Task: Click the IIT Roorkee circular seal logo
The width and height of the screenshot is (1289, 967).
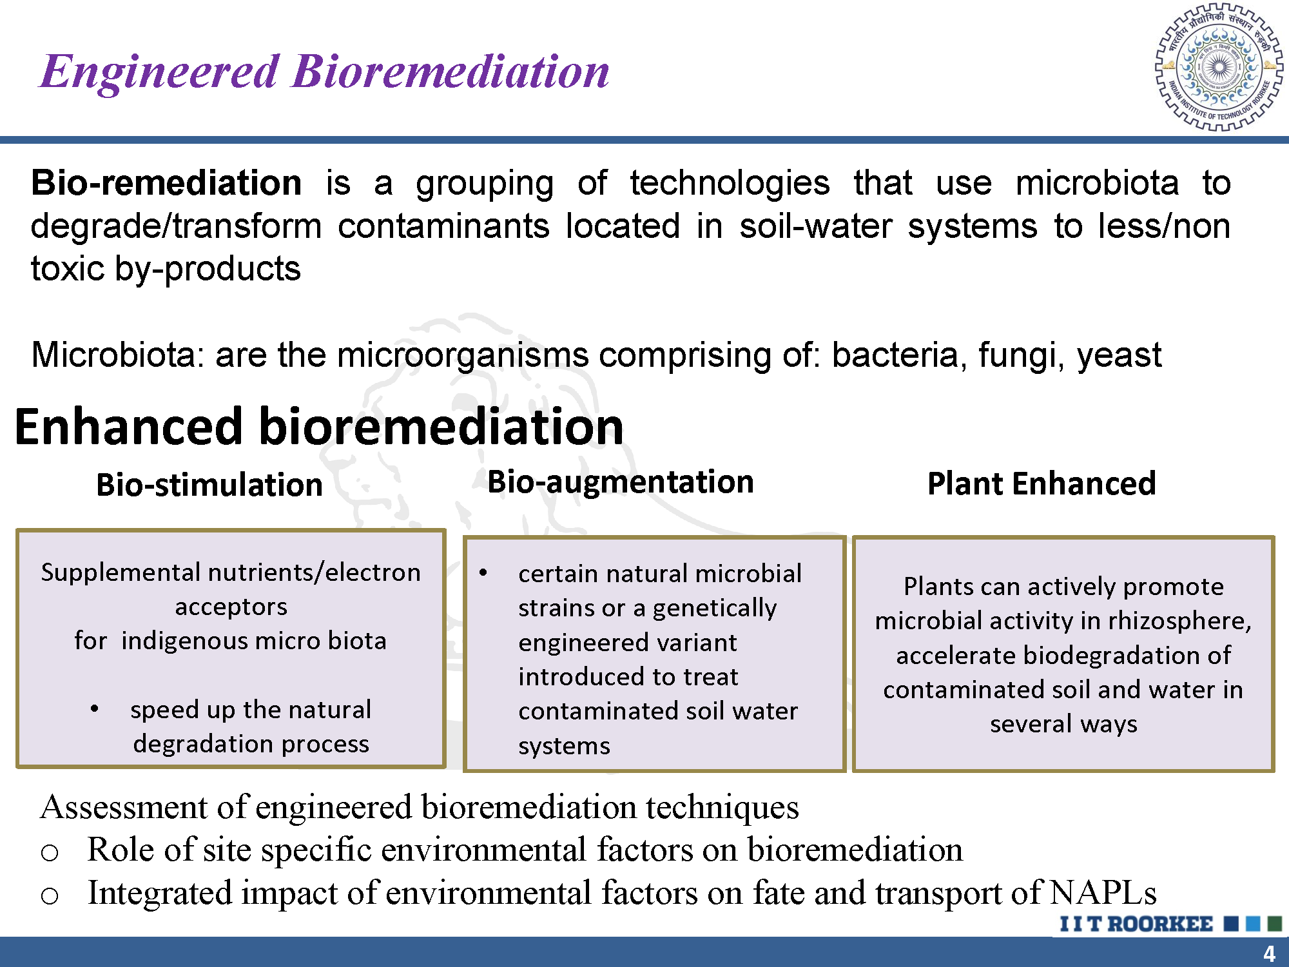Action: pyautogui.click(x=1219, y=67)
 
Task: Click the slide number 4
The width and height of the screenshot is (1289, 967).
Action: pyautogui.click(x=1269, y=953)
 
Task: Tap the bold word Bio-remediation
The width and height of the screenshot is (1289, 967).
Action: pyautogui.click(x=166, y=182)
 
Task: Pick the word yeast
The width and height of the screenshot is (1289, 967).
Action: pyautogui.click(x=1119, y=356)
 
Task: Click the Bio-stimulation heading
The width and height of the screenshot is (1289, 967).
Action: pyautogui.click(x=209, y=485)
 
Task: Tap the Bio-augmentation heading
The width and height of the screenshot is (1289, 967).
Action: pyautogui.click(x=621, y=482)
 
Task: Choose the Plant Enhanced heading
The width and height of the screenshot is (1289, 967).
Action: pyautogui.click(x=1042, y=484)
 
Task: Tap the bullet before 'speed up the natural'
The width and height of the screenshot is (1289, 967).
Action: pyautogui.click(x=95, y=709)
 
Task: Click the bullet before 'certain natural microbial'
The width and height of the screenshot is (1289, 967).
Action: pyautogui.click(x=483, y=573)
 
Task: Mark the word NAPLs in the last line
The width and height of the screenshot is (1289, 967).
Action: pyautogui.click(x=1103, y=893)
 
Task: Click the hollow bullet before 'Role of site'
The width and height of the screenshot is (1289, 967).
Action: pyautogui.click(x=50, y=853)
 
